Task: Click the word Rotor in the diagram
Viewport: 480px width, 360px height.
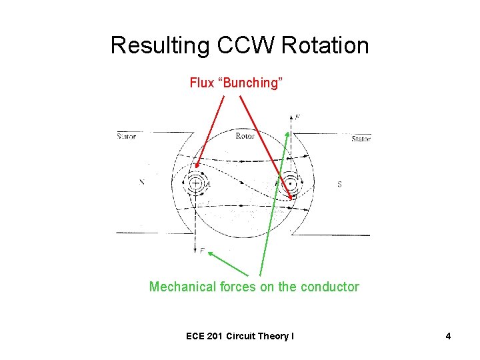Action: (x=245, y=136)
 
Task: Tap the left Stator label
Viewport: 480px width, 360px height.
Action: (x=126, y=137)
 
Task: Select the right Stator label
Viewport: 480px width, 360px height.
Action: (x=361, y=139)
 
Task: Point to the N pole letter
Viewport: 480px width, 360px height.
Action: (x=141, y=181)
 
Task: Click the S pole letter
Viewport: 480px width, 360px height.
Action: (x=339, y=183)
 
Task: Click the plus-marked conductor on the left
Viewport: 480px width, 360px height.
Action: (x=196, y=183)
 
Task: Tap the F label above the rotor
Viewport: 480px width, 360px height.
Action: (x=297, y=117)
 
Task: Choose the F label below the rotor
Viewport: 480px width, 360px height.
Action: (x=202, y=251)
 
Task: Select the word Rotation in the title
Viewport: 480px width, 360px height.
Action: (x=325, y=45)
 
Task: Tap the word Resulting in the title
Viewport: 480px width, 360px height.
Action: (x=159, y=45)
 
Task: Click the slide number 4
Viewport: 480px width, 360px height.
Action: (x=448, y=336)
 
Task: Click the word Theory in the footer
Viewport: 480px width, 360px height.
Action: (x=272, y=336)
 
